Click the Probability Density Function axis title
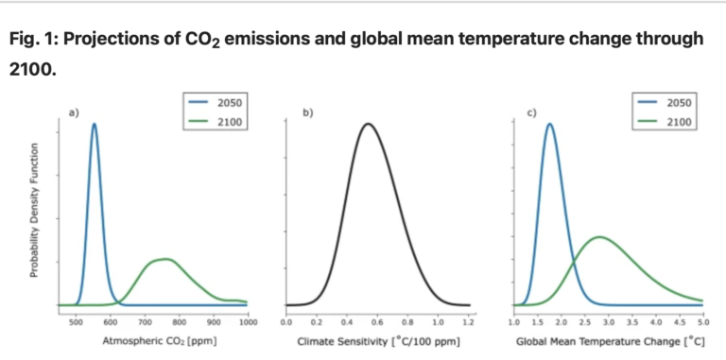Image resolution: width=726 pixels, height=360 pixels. tap(34, 210)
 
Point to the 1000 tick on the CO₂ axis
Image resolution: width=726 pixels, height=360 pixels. tap(248, 322)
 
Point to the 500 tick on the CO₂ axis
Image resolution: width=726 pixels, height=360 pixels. tap(76, 322)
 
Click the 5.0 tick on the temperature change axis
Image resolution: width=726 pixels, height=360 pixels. tap(702, 322)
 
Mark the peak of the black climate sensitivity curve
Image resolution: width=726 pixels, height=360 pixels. tap(368, 123)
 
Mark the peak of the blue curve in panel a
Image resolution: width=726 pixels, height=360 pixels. tap(94, 124)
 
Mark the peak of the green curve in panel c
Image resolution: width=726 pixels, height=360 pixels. tap(599, 236)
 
